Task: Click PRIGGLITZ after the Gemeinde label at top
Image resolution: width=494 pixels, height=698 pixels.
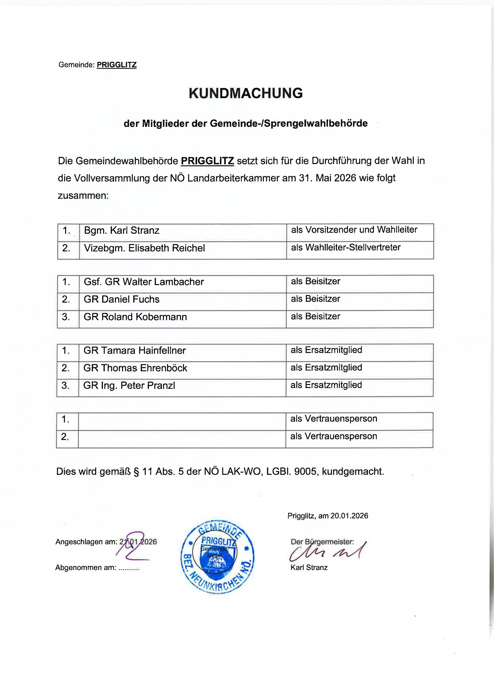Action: pyautogui.click(x=116, y=65)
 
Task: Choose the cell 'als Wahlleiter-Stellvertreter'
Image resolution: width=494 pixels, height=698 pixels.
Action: pyautogui.click(x=345, y=247)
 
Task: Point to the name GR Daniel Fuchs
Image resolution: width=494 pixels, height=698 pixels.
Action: pyautogui.click(x=121, y=299)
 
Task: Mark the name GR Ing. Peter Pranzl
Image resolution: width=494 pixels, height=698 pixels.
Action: pyautogui.click(x=129, y=386)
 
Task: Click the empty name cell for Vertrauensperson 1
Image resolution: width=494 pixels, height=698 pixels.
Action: pyautogui.click(x=182, y=421)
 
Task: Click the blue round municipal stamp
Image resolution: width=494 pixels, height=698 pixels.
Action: pyautogui.click(x=217, y=557)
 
